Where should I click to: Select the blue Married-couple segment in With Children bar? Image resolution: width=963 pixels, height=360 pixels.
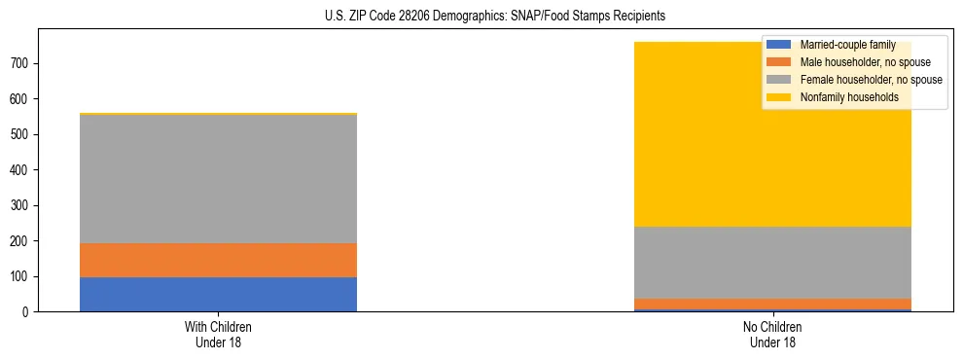click(218, 294)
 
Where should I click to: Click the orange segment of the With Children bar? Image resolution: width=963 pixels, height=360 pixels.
click(218, 260)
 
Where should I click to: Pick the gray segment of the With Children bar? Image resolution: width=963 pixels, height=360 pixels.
click(218, 179)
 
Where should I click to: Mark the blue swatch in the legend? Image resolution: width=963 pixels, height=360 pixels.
click(779, 45)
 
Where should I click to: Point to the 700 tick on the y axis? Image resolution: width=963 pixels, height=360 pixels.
click(24, 63)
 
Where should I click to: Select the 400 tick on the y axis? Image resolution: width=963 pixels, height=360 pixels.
click(24, 170)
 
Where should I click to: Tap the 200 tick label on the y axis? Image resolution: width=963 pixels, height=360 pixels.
click(24, 241)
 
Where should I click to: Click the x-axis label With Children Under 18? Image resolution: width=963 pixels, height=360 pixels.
click(218, 334)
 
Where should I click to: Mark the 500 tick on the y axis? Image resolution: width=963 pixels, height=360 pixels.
click(24, 134)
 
